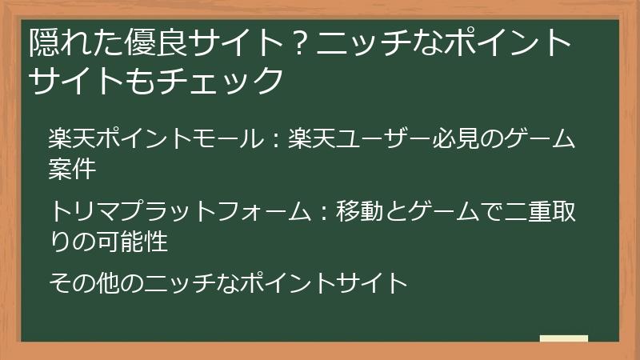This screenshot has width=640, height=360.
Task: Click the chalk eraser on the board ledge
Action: point(563,338)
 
